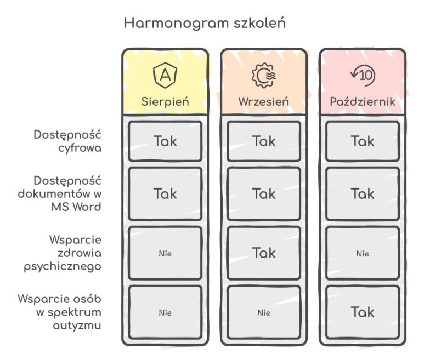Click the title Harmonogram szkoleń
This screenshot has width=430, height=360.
coord(204,24)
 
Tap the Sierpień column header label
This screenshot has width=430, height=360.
coord(165,101)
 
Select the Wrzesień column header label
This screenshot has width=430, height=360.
coord(264,101)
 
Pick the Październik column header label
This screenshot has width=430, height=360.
coord(363,101)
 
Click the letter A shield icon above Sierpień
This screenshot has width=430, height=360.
coord(165,75)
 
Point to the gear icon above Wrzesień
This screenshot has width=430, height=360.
coord(264,75)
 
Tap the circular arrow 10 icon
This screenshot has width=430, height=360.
coord(363,75)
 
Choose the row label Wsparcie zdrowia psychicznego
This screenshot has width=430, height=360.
coord(73,253)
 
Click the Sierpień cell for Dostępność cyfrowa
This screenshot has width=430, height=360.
coord(165,141)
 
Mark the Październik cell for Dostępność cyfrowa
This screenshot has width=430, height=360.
coord(363,141)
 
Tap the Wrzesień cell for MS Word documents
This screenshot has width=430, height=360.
coord(264,193)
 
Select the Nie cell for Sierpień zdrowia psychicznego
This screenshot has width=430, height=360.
coord(165,254)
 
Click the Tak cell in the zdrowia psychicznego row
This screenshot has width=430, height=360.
coord(264,253)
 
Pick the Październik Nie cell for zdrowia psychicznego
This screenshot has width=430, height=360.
coord(363,254)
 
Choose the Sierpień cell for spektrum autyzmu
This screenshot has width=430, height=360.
coord(165,313)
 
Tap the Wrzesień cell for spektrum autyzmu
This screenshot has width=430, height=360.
coord(264,313)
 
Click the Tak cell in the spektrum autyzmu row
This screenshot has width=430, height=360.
coord(363,312)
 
